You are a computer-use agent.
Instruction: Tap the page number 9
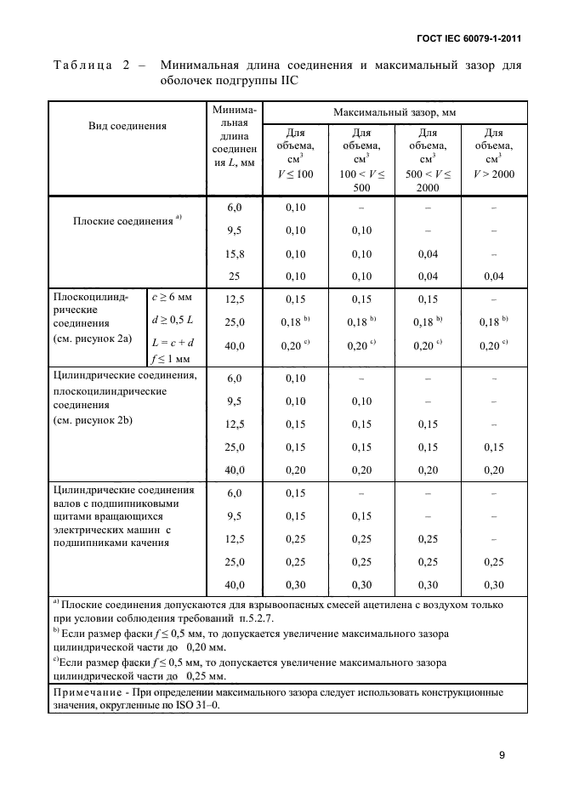(502, 754)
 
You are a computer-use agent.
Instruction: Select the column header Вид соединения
(127, 125)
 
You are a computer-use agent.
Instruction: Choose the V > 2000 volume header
(493, 173)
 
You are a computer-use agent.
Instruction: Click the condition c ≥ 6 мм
(172, 298)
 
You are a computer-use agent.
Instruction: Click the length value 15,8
(234, 253)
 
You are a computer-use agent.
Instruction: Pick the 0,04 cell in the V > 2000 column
(493, 276)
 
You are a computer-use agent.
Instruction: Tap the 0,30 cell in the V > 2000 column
(493, 585)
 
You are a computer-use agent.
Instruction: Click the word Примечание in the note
(88, 693)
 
